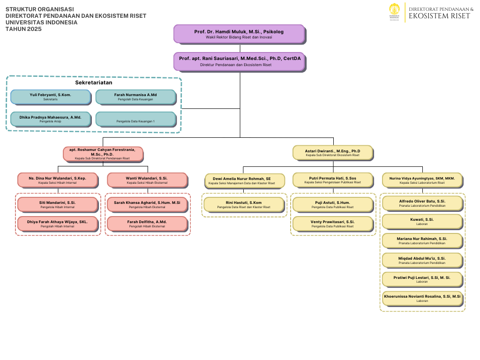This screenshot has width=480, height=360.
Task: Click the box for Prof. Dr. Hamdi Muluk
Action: click(239, 34)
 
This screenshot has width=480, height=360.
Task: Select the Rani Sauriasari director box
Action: click(239, 61)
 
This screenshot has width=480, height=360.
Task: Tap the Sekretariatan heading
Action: click(94, 82)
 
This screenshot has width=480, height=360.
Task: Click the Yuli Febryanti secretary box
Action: click(50, 97)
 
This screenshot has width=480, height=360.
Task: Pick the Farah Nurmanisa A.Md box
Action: click(135, 97)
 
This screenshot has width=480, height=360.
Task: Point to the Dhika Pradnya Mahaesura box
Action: click(50, 119)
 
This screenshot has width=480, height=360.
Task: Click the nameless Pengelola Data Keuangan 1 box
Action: click(135, 119)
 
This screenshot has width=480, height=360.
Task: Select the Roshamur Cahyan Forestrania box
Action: click(103, 154)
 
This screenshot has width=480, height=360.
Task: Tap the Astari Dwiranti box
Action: click(332, 152)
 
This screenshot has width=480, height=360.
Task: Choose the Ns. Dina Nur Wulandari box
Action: click(57, 180)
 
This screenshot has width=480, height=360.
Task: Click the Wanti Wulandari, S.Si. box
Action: click(147, 180)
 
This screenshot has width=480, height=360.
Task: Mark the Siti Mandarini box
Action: click(57, 204)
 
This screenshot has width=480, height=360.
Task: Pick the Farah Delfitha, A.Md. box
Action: click(147, 224)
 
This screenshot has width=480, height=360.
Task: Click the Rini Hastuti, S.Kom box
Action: click(243, 204)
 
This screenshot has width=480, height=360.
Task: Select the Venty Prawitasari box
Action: click(332, 224)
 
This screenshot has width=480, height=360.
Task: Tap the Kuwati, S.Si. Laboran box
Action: click(422, 221)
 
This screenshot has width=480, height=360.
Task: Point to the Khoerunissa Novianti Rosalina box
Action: click(422, 298)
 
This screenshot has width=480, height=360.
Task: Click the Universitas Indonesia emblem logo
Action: click(394, 11)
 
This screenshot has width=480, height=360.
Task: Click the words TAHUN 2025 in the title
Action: click(23, 29)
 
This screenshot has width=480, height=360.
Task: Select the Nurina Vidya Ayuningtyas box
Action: click(422, 180)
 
